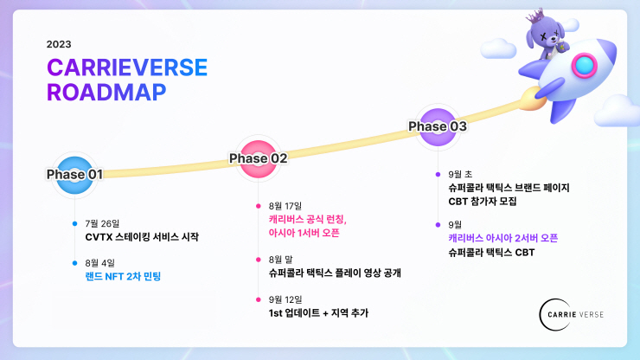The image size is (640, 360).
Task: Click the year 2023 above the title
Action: click(x=60, y=44)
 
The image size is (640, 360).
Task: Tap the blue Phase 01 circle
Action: click(x=74, y=174)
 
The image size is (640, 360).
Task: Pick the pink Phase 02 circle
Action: click(x=258, y=157)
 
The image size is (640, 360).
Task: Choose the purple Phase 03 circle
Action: click(x=438, y=126)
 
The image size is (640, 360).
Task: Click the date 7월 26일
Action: click(x=103, y=223)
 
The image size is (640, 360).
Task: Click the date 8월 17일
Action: click(x=286, y=206)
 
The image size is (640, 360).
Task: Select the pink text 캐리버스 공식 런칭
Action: click(x=308, y=220)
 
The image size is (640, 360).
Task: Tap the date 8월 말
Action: click(x=283, y=259)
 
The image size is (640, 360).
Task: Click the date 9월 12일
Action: click(x=286, y=299)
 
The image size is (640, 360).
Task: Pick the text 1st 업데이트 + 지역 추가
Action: click(x=318, y=312)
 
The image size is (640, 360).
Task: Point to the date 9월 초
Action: click(x=460, y=174)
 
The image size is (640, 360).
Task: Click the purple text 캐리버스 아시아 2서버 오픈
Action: click(x=502, y=238)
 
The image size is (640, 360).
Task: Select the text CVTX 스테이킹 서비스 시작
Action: click(x=142, y=236)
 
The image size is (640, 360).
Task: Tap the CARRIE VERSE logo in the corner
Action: click(x=571, y=311)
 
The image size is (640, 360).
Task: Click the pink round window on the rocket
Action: click(x=585, y=64)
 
